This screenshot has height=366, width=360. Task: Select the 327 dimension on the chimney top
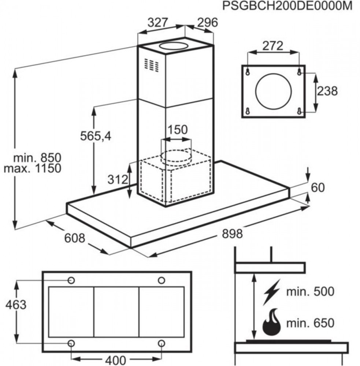158,22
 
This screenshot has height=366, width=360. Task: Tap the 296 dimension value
207,22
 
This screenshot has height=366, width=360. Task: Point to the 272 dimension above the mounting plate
272,46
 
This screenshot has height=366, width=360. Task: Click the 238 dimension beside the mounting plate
327,91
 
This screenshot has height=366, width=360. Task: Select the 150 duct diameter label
178,130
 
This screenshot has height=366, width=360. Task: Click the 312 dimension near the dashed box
118,179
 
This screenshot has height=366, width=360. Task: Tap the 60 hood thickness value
318,188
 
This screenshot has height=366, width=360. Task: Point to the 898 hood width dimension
232,234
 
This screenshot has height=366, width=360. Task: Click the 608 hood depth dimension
74,238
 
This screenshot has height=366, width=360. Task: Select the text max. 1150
33,168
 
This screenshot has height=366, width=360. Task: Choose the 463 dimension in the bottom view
16,305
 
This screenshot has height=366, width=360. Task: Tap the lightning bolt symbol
271,292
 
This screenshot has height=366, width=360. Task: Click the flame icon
271,322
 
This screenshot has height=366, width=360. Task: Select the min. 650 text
310,323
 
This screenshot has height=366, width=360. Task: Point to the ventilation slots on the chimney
151,65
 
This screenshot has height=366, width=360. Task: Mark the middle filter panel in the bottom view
116,312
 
